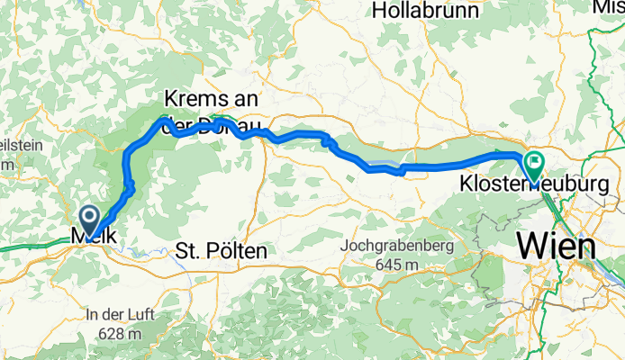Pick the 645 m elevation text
[x=394, y=265]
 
